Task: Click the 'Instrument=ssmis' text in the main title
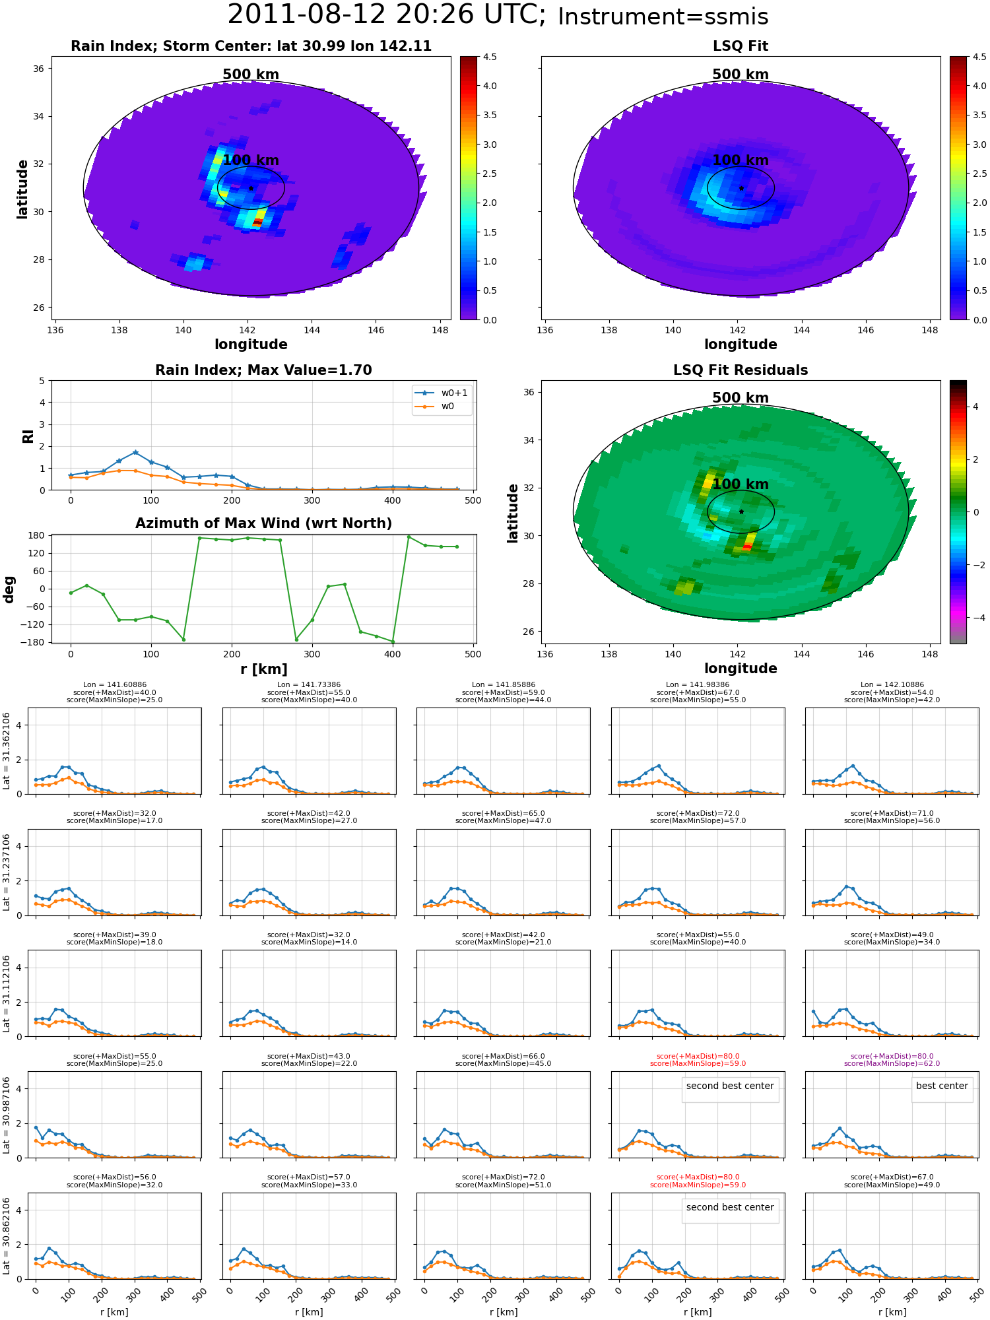pos(663,16)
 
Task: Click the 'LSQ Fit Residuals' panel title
pos(741,370)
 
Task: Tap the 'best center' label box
pos(942,1086)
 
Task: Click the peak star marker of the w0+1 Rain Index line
pos(135,453)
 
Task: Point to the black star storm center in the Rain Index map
pos(251,189)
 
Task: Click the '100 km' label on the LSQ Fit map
pos(741,160)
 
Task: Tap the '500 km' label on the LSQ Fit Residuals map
pos(741,398)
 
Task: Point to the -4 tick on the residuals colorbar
pos(975,618)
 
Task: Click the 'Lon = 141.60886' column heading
pos(115,685)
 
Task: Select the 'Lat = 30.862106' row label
pos(7,1236)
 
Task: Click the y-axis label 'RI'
pos(28,436)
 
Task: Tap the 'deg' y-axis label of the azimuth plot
pos(9,589)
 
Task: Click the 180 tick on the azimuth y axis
pos(36,535)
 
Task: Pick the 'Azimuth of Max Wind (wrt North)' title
pos(263,523)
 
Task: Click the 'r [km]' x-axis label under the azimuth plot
pos(263,669)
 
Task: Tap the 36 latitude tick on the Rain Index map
pos(39,69)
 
